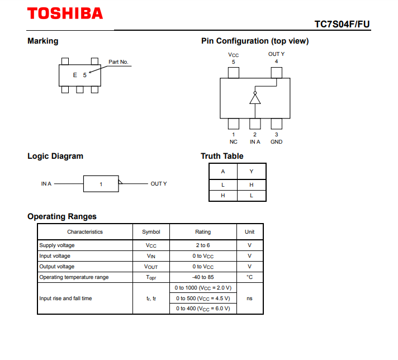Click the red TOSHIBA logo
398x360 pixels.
click(65, 13)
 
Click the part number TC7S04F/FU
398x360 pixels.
click(342, 24)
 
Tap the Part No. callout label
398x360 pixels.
click(119, 62)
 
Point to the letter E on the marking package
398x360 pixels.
click(75, 75)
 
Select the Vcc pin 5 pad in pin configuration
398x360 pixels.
click(234, 73)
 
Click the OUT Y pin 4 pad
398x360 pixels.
click(276, 73)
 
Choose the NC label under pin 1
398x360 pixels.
click(234, 141)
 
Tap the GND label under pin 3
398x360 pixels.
click(276, 141)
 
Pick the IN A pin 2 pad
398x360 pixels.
click(255, 124)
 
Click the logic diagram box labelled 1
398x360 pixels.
click(101, 184)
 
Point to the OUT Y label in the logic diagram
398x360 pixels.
click(159, 184)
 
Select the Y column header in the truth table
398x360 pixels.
click(252, 172)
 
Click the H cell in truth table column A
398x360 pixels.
click(223, 196)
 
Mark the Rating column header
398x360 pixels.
click(203, 232)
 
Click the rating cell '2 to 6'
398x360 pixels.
click(203, 245)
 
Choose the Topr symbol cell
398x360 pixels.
click(151, 277)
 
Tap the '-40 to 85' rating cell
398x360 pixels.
click(203, 277)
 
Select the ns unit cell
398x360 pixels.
click(249, 299)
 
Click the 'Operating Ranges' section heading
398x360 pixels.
click(62, 216)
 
